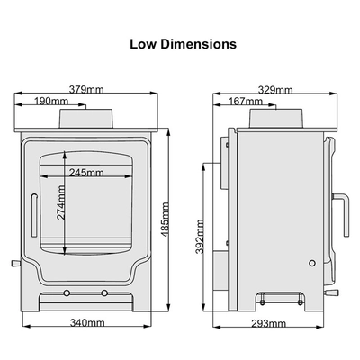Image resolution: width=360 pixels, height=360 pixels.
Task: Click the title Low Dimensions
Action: (183, 44)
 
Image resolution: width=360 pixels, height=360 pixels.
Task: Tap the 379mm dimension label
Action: (86, 89)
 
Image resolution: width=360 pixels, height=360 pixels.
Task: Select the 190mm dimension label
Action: (51, 101)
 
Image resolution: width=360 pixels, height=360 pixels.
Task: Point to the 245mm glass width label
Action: (86, 173)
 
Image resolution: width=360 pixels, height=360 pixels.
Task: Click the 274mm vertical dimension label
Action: (61, 202)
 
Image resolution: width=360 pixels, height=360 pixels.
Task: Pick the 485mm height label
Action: (166, 220)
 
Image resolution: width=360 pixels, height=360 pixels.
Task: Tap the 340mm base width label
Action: (87, 323)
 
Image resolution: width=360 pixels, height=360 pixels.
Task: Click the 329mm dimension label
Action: (275, 90)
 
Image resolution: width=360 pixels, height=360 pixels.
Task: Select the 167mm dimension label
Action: (246, 102)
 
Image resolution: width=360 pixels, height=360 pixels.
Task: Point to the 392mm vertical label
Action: (200, 237)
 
